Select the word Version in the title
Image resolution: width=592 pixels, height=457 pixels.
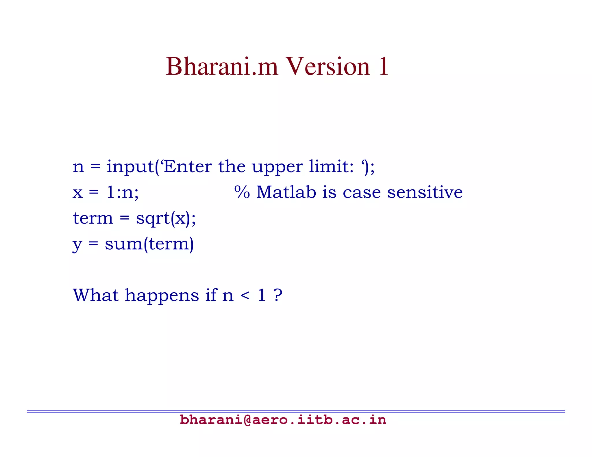pos(328,67)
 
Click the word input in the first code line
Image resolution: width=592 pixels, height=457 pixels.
pos(130,167)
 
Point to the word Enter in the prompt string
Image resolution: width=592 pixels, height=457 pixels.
pos(188,167)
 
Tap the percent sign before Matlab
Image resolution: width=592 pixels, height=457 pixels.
pos(242,192)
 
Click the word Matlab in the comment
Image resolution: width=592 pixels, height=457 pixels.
pos(286,192)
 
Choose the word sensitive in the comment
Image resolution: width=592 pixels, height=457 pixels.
pos(425,192)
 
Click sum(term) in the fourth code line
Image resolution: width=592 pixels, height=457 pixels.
pos(149,244)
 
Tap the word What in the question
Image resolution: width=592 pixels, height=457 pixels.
pos(96,295)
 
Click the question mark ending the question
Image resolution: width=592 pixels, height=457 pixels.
pos(278,295)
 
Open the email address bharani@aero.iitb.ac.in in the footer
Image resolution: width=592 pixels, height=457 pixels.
pos(283,420)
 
